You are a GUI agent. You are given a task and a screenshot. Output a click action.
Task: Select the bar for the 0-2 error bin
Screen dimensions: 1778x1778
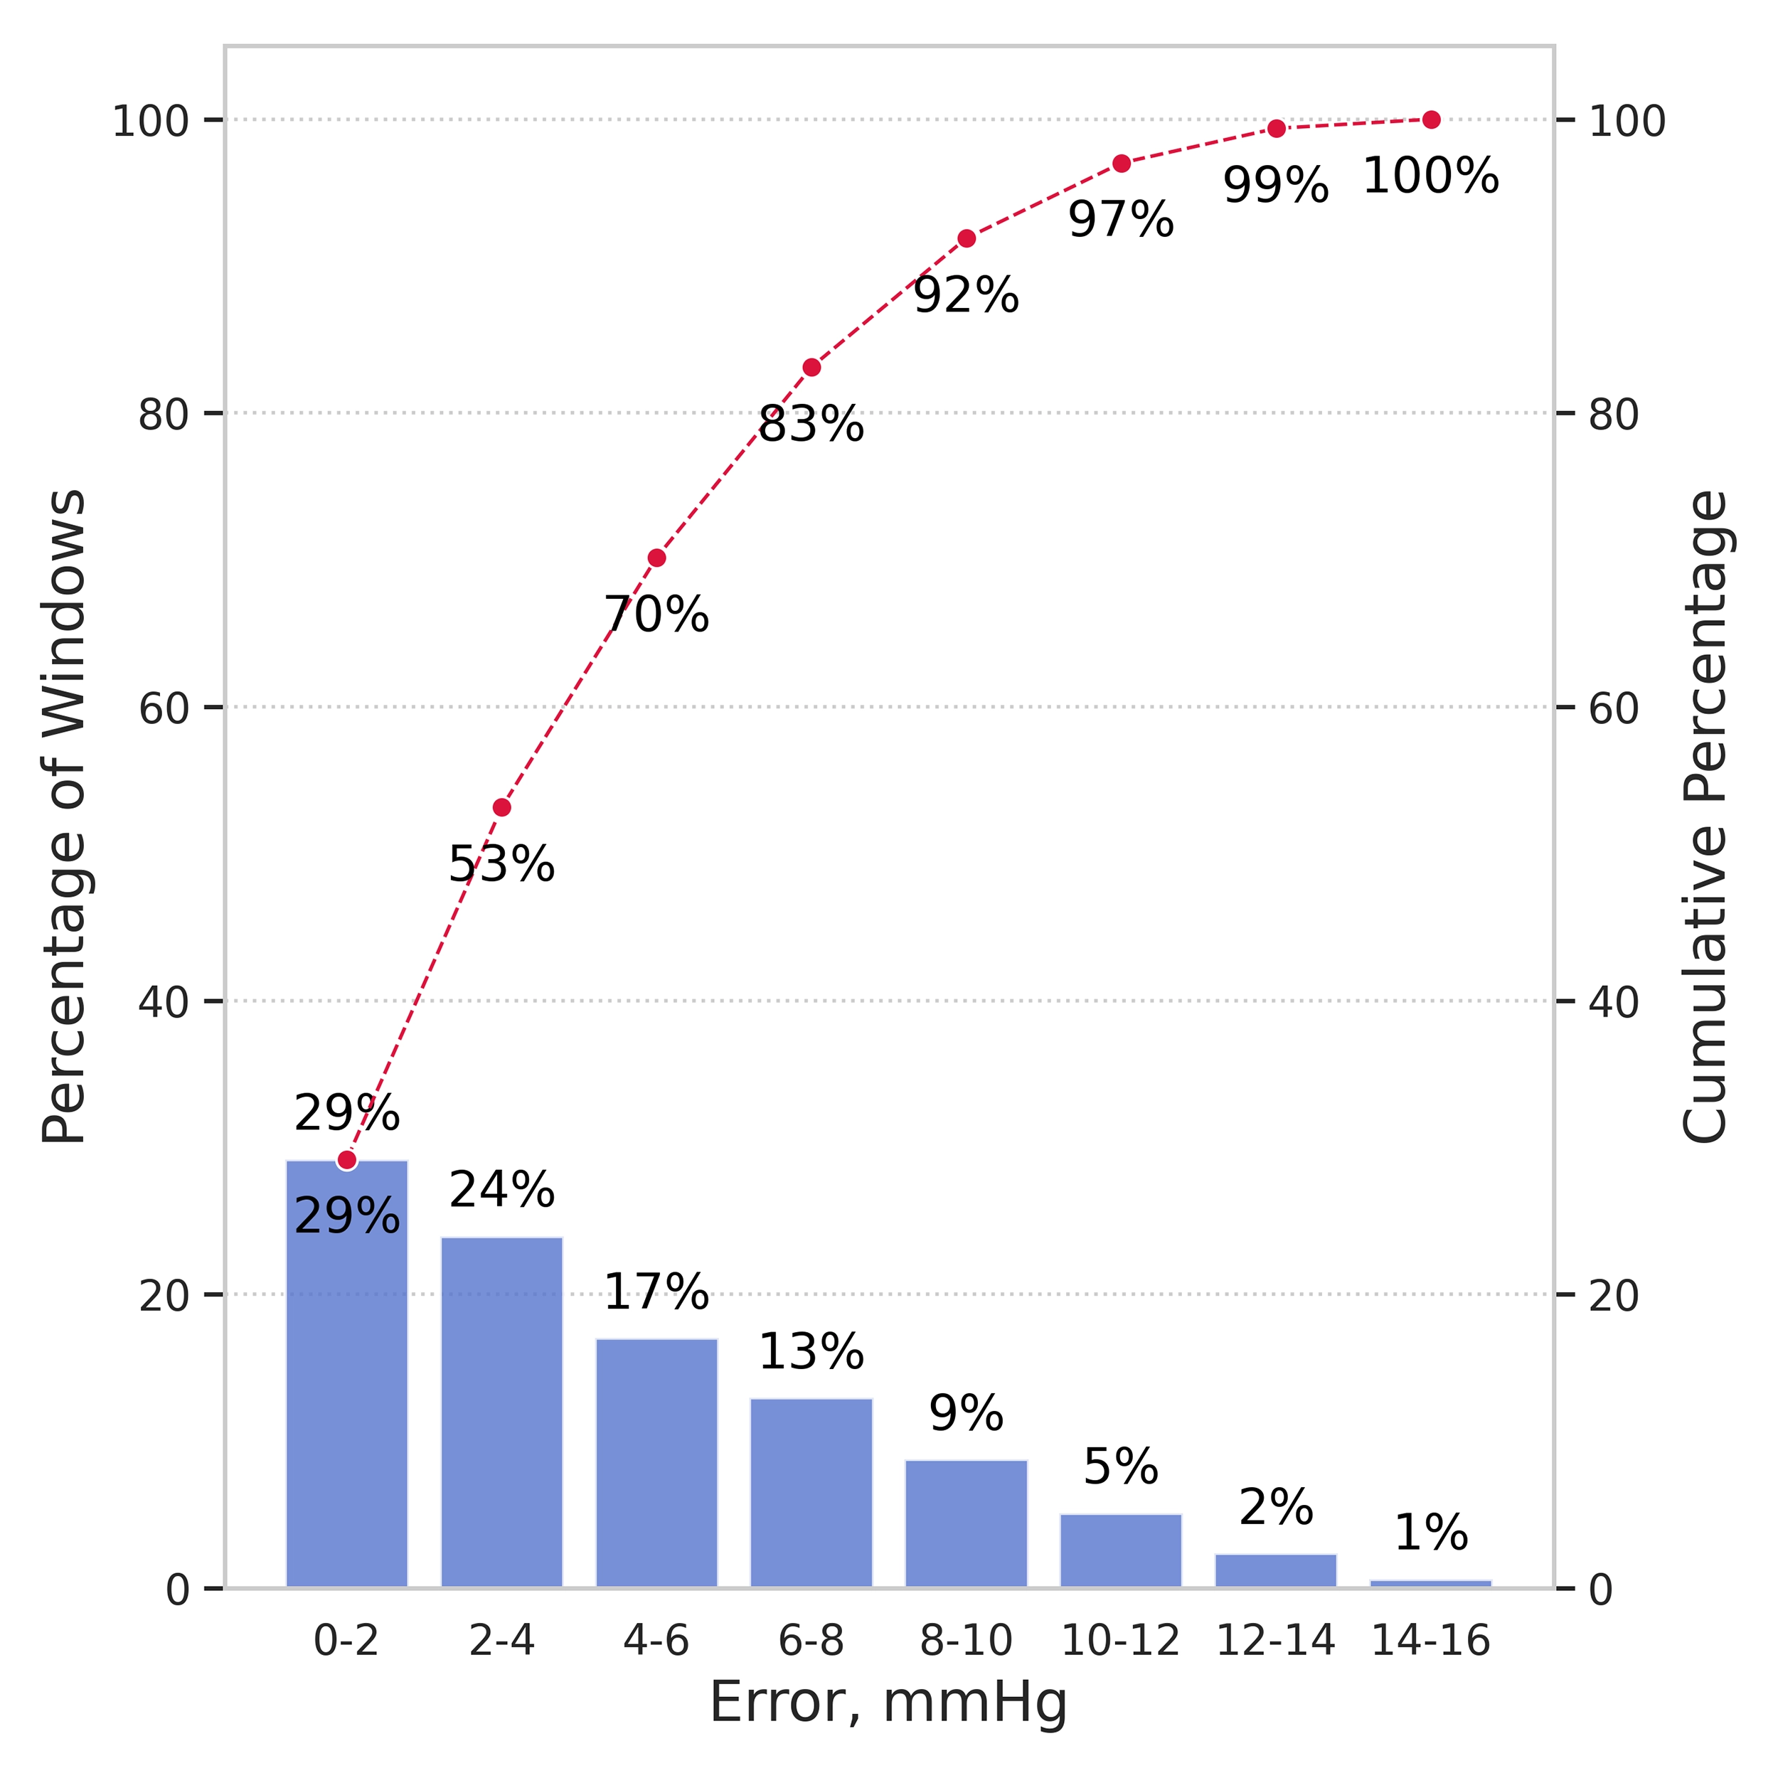tap(347, 1380)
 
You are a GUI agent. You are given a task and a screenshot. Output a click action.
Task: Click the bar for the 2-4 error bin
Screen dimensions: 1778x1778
tap(501, 1417)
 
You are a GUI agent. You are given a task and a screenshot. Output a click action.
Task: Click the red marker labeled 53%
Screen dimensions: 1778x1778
tap(501, 807)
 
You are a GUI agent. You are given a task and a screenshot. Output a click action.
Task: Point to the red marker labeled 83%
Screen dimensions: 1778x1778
tap(811, 367)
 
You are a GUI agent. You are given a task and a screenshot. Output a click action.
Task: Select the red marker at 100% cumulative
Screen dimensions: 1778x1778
tap(1430, 119)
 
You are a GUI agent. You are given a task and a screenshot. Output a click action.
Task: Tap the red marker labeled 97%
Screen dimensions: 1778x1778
tap(1121, 164)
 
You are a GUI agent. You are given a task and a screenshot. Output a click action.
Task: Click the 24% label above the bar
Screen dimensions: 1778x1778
tap(501, 1190)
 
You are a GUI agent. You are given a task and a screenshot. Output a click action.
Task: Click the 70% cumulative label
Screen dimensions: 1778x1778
tap(656, 614)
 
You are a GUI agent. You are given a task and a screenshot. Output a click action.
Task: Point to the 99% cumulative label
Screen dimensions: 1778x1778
tap(1275, 186)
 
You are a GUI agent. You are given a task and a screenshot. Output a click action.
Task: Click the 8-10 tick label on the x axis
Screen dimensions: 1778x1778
tap(965, 1640)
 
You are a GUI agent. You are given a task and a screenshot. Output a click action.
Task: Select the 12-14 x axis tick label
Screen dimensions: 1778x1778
tap(1275, 1640)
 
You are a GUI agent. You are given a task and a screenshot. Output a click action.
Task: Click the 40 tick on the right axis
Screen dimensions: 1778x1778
tap(1614, 1002)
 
